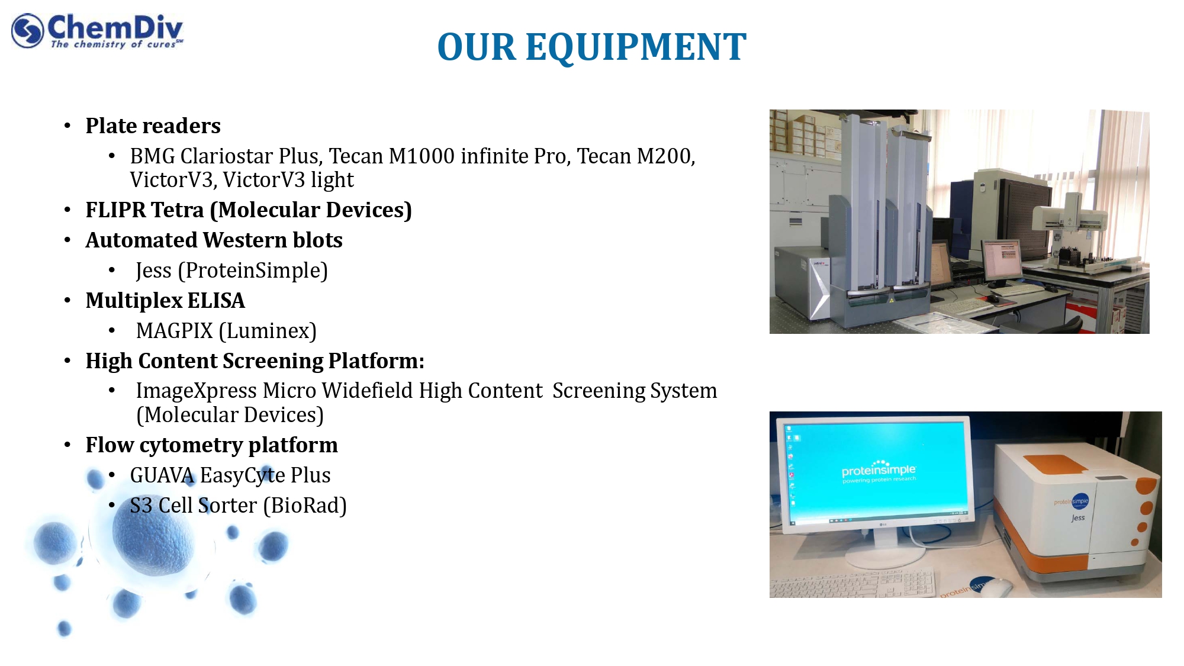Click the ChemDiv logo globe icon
coord(27,30)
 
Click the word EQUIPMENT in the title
coord(636,47)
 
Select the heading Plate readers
coord(153,126)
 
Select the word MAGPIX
coord(174,330)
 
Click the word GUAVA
coord(162,475)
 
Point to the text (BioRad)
coord(305,506)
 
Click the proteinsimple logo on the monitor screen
coord(879,471)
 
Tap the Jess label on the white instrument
coord(1078,518)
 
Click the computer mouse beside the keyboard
coord(998,588)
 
